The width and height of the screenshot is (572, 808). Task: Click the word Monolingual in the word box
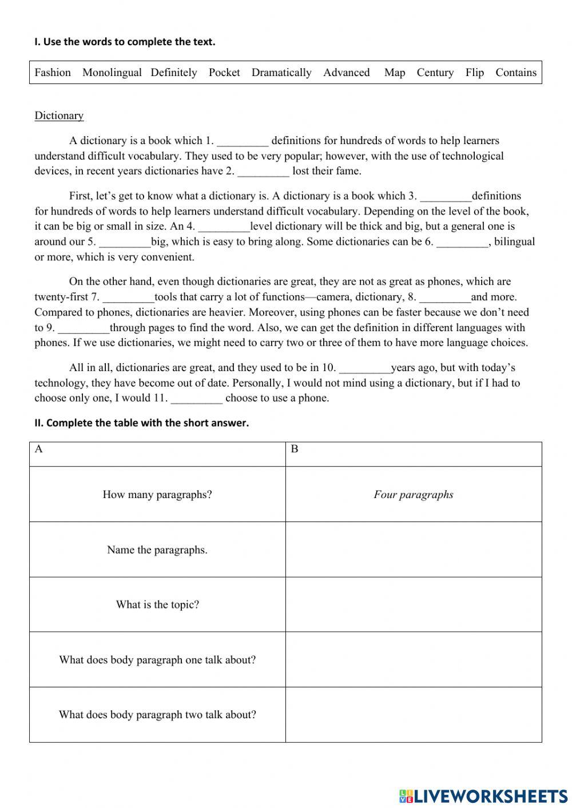pyautogui.click(x=112, y=73)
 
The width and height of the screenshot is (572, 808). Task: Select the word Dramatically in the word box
pyautogui.click(x=281, y=73)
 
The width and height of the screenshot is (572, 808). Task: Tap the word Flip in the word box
pyautogui.click(x=474, y=73)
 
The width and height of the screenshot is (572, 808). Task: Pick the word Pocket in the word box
pyautogui.click(x=224, y=73)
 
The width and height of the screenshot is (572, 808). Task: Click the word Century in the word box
pyautogui.click(x=435, y=73)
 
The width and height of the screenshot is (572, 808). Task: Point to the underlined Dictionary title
pyautogui.click(x=59, y=116)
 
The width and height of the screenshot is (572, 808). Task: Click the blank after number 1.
pyautogui.click(x=243, y=141)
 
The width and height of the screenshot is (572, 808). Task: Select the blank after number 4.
pyautogui.click(x=224, y=226)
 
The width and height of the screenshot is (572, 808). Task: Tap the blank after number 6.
pyautogui.click(x=462, y=242)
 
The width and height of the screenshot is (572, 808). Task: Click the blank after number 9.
pyautogui.click(x=84, y=328)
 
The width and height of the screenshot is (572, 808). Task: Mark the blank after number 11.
pyautogui.click(x=196, y=399)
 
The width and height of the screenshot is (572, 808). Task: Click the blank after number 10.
pyautogui.click(x=364, y=368)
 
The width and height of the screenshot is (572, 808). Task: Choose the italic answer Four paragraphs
pyautogui.click(x=413, y=495)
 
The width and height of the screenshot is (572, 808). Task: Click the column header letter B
pyautogui.click(x=295, y=449)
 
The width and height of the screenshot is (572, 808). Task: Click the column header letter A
pyautogui.click(x=39, y=449)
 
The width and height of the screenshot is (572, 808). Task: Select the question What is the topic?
pyautogui.click(x=157, y=604)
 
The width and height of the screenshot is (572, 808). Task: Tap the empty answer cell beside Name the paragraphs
pyautogui.click(x=413, y=550)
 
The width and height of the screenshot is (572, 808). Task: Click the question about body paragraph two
pyautogui.click(x=157, y=714)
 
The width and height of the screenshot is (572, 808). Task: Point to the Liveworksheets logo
pyautogui.click(x=483, y=795)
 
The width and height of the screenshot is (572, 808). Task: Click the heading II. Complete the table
pyautogui.click(x=141, y=423)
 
